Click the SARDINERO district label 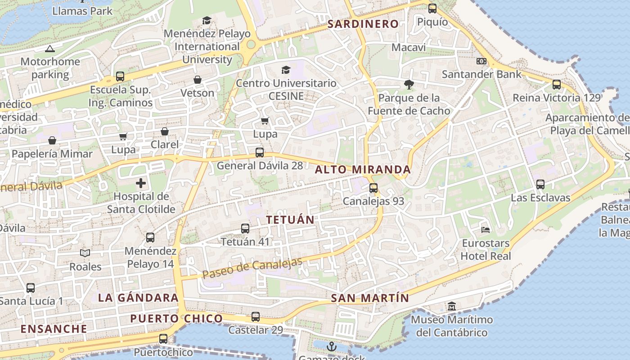coord(363,24)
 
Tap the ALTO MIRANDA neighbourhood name coord(363,170)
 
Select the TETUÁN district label coord(290,220)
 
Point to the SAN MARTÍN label coord(370,298)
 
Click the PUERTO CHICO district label coord(176,319)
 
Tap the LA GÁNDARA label coord(138,297)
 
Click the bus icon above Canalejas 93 coord(373,188)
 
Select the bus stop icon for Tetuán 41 coord(245,229)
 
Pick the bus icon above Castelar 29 coord(256,317)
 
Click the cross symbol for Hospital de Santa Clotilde coord(141,183)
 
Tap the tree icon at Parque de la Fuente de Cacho coord(409,84)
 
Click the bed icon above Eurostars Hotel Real coord(486,229)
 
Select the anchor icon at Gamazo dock coord(331,346)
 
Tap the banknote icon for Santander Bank coord(481,61)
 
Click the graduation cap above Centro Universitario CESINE coord(286,70)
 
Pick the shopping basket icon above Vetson coord(197,80)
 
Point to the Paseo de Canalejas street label coord(252,268)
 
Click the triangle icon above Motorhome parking coord(50,49)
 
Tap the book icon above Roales coord(85,253)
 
